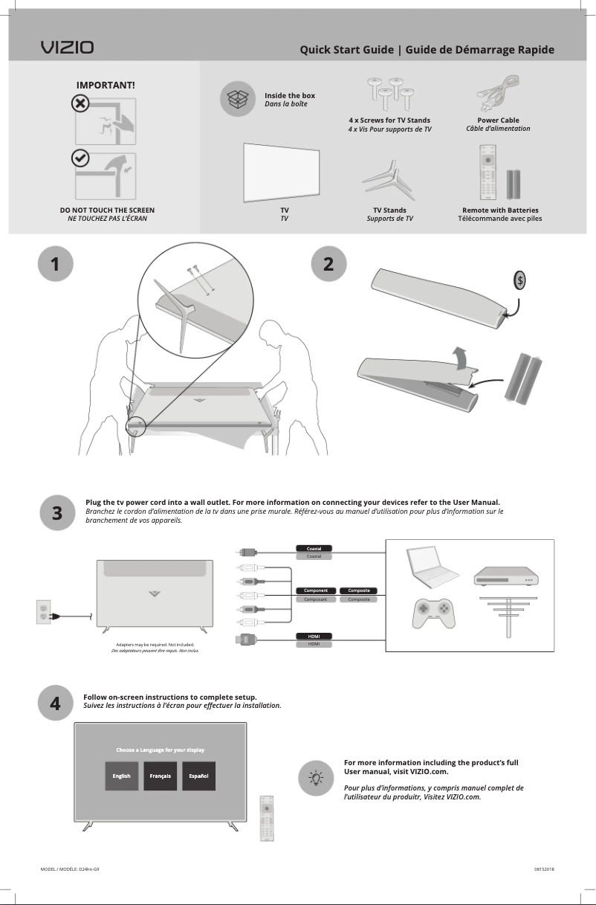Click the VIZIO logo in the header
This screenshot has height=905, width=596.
(x=67, y=48)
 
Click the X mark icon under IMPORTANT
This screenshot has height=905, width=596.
(x=80, y=103)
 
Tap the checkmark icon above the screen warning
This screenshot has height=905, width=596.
(x=80, y=158)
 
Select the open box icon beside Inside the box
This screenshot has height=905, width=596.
(x=237, y=100)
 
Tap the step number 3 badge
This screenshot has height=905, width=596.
(x=57, y=513)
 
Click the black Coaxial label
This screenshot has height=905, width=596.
(x=314, y=548)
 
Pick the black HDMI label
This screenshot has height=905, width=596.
(x=314, y=636)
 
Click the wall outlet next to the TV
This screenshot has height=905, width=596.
(x=43, y=612)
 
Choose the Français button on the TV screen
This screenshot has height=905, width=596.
(x=160, y=776)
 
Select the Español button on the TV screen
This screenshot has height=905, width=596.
(x=198, y=776)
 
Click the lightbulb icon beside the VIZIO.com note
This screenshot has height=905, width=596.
(x=316, y=779)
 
